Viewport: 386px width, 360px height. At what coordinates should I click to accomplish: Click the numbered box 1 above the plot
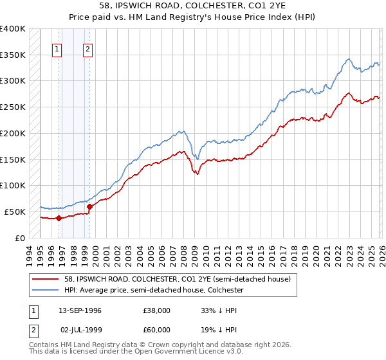click(x=57, y=49)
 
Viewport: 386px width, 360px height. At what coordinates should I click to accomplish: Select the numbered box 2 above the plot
click(x=87, y=49)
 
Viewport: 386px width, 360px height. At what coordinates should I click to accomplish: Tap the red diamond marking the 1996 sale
click(x=59, y=218)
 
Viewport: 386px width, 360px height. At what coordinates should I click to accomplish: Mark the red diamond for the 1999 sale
click(x=89, y=206)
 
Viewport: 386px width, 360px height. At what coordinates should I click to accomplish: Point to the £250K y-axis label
click(x=13, y=107)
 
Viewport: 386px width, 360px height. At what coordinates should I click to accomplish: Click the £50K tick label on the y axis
click(x=15, y=212)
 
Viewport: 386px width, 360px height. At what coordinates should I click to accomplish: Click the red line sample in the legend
click(x=47, y=279)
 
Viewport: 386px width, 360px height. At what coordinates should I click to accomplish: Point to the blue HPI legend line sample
click(x=47, y=290)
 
